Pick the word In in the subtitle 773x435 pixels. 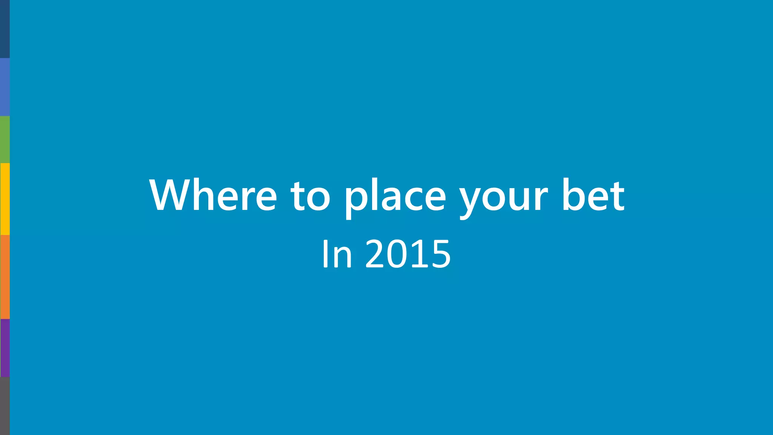pyautogui.click(x=337, y=254)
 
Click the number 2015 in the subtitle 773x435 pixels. pyautogui.click(x=408, y=254)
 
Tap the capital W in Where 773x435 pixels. pyautogui.click(x=172, y=195)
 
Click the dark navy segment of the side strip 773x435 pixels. pyautogui.click(x=5, y=29)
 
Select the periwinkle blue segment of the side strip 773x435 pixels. pyautogui.click(x=5, y=87)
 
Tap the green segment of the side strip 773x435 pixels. pyautogui.click(x=5, y=139)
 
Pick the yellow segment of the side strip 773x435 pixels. pyautogui.click(x=5, y=199)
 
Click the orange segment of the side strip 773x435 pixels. pyautogui.click(x=5, y=277)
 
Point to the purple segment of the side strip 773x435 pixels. pyautogui.click(x=5, y=348)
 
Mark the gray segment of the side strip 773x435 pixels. pyautogui.click(x=5, y=406)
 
